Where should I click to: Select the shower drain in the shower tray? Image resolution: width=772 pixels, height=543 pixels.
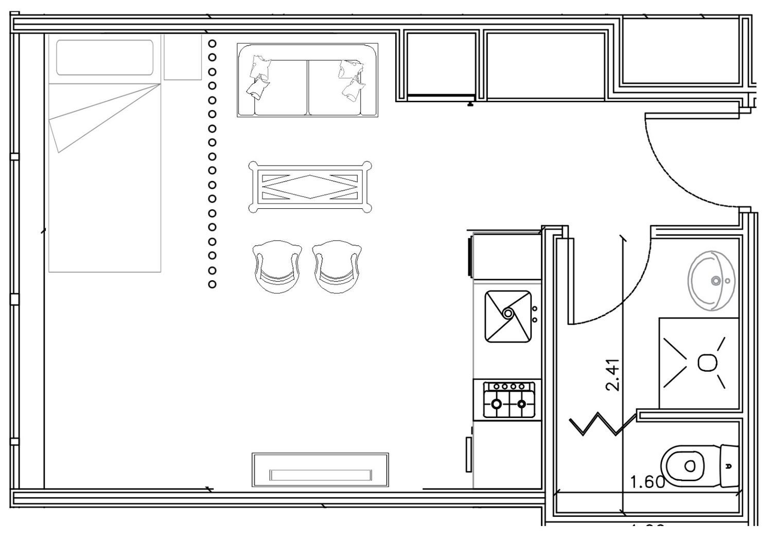point(707,363)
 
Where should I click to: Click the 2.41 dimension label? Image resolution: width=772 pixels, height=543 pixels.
point(613,375)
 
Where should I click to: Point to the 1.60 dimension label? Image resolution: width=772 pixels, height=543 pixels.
point(648,482)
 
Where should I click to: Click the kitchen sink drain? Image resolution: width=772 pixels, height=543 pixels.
point(508,313)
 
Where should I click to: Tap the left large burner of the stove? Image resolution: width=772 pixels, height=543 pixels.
point(497,404)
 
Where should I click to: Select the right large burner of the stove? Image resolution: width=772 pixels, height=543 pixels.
point(521,404)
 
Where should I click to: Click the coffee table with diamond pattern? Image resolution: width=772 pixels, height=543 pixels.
point(310,187)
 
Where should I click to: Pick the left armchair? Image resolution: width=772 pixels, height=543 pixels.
point(277,266)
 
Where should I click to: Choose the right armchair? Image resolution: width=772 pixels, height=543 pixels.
point(336,266)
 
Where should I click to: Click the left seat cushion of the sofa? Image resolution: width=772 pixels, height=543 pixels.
point(280,87)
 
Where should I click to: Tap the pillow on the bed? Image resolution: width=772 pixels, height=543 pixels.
point(105,58)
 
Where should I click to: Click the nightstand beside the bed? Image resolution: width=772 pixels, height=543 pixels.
point(182,57)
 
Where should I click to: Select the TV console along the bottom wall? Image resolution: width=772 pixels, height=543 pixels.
point(320,470)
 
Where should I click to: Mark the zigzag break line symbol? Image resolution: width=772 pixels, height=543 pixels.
point(602,424)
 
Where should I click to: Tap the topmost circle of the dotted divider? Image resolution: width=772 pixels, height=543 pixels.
point(212,44)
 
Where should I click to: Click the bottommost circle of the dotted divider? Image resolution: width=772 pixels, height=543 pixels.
point(212,284)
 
